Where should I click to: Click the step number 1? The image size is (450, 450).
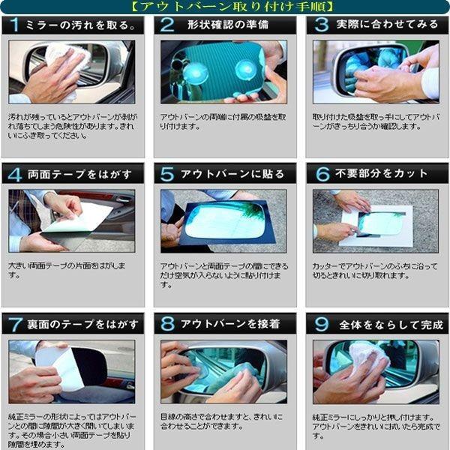[x=15, y=25]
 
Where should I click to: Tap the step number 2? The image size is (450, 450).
[x=167, y=25]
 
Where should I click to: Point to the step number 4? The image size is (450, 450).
[x=15, y=174]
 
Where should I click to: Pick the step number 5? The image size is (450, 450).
[x=167, y=174]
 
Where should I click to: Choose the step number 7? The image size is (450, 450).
[x=15, y=324]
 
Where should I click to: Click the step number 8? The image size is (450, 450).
[x=167, y=324]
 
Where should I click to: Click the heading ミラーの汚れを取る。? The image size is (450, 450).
[x=83, y=25]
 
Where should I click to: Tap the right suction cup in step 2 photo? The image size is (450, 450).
[x=245, y=70]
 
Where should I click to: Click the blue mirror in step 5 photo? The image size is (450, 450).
[x=224, y=220]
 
